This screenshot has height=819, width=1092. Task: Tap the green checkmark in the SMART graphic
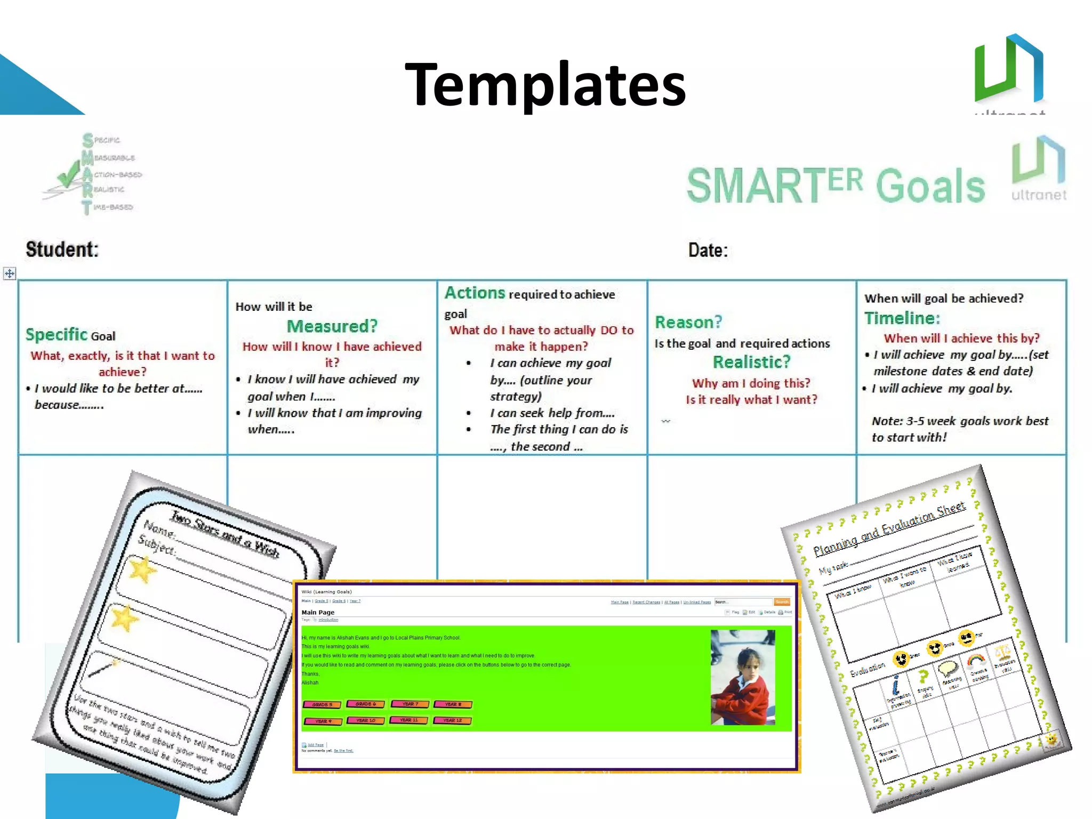tap(68, 176)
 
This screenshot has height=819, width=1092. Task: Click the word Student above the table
tap(62, 250)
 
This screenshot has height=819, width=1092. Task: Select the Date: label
tap(708, 250)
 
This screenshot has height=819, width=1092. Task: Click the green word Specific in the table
tap(56, 334)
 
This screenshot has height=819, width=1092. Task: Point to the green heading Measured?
tap(332, 326)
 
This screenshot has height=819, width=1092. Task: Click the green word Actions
tap(475, 293)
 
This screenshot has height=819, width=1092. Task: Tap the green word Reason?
tap(688, 322)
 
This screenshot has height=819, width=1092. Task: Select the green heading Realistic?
tap(751, 362)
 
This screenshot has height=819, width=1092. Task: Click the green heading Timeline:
tap(902, 318)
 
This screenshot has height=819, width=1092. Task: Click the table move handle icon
tap(10, 274)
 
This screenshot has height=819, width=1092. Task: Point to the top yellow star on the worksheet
tap(142, 569)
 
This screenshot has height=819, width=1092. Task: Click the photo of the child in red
tap(743, 677)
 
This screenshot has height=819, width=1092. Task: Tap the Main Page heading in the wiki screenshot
tap(318, 612)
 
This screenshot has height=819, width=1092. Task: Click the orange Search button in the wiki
tap(782, 602)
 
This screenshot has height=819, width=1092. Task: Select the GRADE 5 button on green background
tap(322, 704)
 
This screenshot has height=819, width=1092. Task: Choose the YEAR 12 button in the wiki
tap(452, 720)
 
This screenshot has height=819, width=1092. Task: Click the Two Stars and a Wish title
tap(224, 534)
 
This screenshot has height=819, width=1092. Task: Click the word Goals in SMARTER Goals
tap(930, 186)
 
